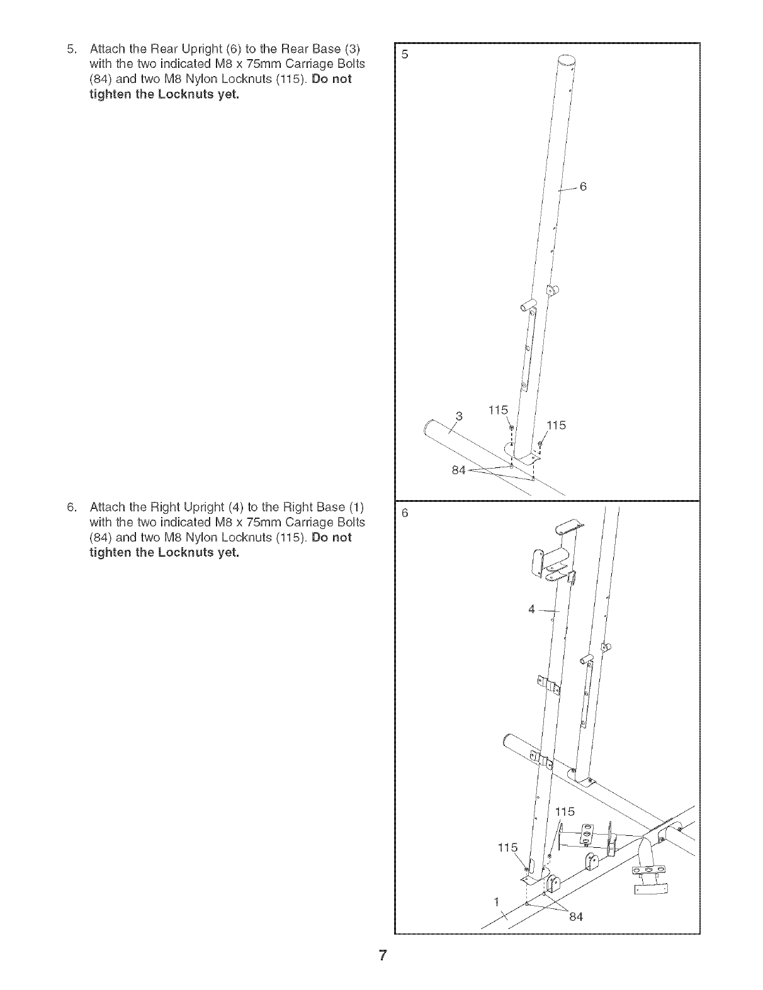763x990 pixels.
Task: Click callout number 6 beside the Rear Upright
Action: point(583,186)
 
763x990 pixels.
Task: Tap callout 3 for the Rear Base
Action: point(459,415)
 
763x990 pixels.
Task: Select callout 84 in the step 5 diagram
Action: point(458,472)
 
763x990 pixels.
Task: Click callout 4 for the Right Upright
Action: point(532,609)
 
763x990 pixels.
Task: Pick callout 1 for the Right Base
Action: point(496,901)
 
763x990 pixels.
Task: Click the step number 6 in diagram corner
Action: point(405,513)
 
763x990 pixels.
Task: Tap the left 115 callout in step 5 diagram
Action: point(498,410)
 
